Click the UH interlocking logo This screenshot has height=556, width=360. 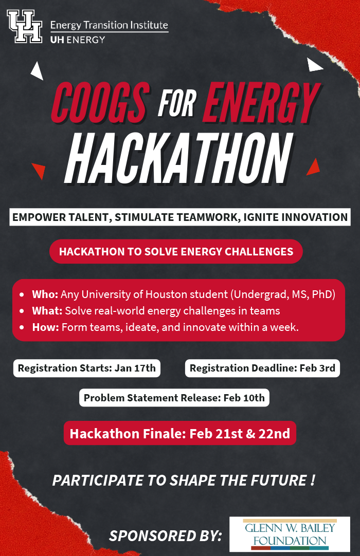[25, 27]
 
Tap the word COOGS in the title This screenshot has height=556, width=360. [100, 102]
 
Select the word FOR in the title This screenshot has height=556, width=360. [177, 103]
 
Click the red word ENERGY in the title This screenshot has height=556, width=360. [262, 102]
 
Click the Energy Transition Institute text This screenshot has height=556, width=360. [109, 25]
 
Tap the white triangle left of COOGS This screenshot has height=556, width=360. [37, 70]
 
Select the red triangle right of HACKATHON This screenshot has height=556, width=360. [313, 166]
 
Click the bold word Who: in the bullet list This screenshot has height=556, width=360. [45, 294]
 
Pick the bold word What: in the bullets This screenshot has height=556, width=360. [47, 310]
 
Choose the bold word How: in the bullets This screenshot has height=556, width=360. [45, 327]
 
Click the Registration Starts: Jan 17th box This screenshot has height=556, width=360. [87, 368]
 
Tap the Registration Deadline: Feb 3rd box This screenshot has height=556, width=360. [262, 368]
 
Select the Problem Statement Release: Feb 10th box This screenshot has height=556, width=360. [174, 398]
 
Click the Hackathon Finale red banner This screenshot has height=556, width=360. [180, 433]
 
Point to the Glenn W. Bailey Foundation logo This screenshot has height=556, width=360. [290, 534]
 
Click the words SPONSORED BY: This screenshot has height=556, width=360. [166, 535]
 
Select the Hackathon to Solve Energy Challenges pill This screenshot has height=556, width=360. [176, 251]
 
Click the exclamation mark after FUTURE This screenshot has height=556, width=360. [312, 480]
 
